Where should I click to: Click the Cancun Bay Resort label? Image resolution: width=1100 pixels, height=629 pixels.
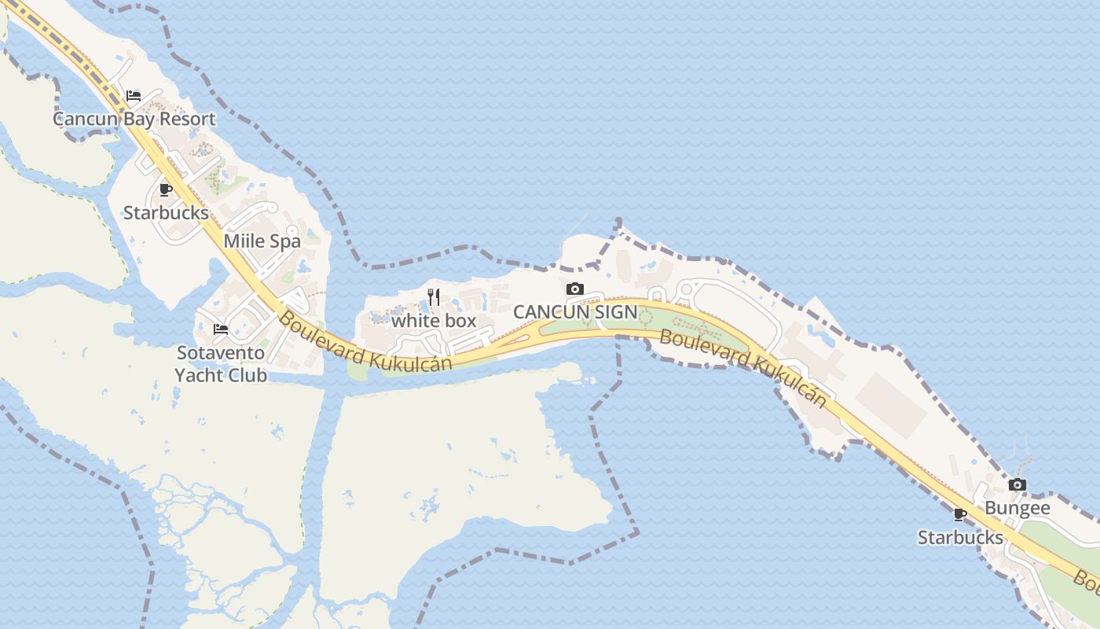pyautogui.click(x=134, y=120)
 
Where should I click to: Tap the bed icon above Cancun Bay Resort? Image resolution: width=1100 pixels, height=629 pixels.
pyautogui.click(x=134, y=96)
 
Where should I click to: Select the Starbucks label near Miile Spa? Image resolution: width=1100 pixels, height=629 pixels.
pyautogui.click(x=166, y=213)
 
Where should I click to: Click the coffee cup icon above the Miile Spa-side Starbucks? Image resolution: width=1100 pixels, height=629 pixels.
pyautogui.click(x=165, y=189)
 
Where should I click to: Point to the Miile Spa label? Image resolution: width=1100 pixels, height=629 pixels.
pyautogui.click(x=262, y=241)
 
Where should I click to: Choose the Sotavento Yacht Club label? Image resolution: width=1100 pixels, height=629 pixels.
pyautogui.click(x=221, y=364)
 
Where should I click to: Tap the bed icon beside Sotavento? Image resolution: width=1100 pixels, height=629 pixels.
pyautogui.click(x=221, y=329)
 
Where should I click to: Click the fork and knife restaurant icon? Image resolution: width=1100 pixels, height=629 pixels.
pyautogui.click(x=433, y=297)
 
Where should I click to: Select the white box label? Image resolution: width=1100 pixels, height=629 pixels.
pyautogui.click(x=434, y=321)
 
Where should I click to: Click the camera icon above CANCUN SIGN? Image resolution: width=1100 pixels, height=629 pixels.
pyautogui.click(x=575, y=289)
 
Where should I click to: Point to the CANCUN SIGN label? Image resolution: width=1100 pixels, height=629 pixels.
pyautogui.click(x=575, y=312)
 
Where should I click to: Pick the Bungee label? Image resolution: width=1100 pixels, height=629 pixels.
pyautogui.click(x=1017, y=509)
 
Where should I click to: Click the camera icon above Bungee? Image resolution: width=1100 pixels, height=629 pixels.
pyautogui.click(x=1017, y=485)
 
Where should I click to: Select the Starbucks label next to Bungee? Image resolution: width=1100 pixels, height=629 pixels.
pyautogui.click(x=960, y=538)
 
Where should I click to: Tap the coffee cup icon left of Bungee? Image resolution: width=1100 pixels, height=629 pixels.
pyautogui.click(x=959, y=514)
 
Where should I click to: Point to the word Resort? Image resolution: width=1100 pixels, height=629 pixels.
pyautogui.click(x=186, y=120)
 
